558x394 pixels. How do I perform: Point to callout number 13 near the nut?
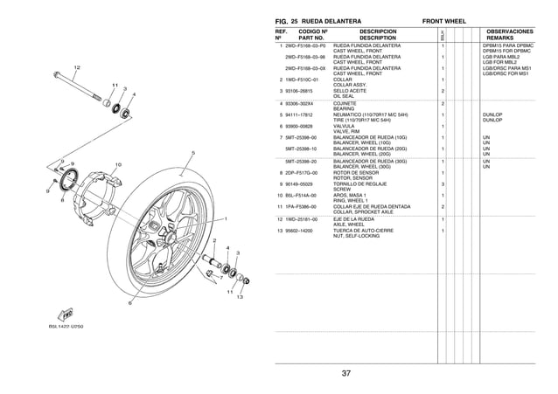(238, 298)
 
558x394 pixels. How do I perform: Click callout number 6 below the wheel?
(130, 303)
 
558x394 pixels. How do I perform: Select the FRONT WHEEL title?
(443, 18)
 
